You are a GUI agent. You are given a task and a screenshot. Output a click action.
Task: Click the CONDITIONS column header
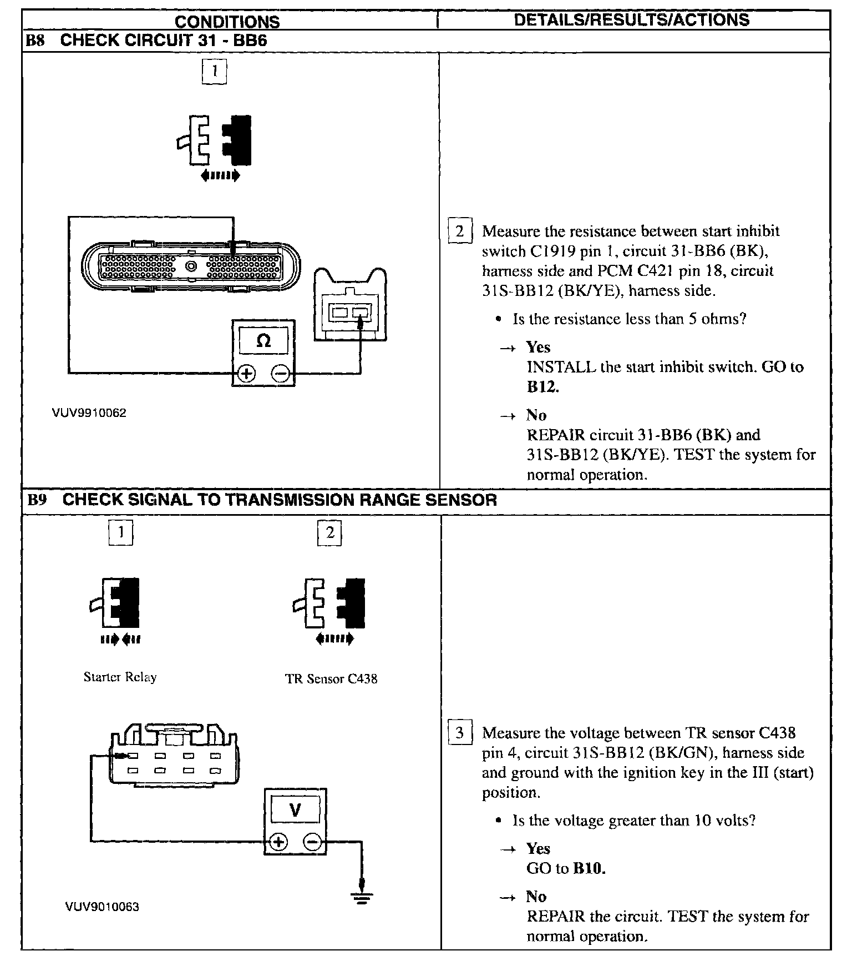click(x=227, y=22)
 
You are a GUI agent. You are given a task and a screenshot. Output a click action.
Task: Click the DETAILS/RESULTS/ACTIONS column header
click(x=632, y=20)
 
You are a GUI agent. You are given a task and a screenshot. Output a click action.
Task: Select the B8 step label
click(x=35, y=41)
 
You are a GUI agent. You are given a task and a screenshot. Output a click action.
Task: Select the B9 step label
click(x=37, y=500)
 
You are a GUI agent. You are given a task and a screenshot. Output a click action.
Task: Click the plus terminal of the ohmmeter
click(x=246, y=375)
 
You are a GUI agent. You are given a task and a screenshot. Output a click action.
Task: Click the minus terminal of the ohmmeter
click(x=281, y=375)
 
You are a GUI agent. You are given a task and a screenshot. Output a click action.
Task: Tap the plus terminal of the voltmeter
click(x=278, y=842)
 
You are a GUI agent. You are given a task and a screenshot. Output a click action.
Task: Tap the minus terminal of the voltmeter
click(x=312, y=842)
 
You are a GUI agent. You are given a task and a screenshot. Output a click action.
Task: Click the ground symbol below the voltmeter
click(x=362, y=896)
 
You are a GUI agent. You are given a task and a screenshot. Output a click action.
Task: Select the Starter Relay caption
click(x=120, y=677)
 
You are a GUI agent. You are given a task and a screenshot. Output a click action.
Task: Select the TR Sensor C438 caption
click(x=331, y=679)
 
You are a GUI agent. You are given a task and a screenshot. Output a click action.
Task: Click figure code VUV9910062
click(x=89, y=413)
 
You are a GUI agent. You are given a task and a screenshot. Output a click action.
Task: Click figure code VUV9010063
click(x=102, y=907)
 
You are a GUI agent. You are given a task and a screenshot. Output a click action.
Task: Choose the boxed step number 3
click(x=460, y=733)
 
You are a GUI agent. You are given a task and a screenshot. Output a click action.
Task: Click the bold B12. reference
click(x=542, y=387)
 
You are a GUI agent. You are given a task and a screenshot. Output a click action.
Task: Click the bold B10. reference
click(x=589, y=868)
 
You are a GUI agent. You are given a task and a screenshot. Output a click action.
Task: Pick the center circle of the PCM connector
click(x=192, y=266)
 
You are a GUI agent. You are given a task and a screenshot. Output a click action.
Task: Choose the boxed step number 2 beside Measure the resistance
click(x=460, y=231)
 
